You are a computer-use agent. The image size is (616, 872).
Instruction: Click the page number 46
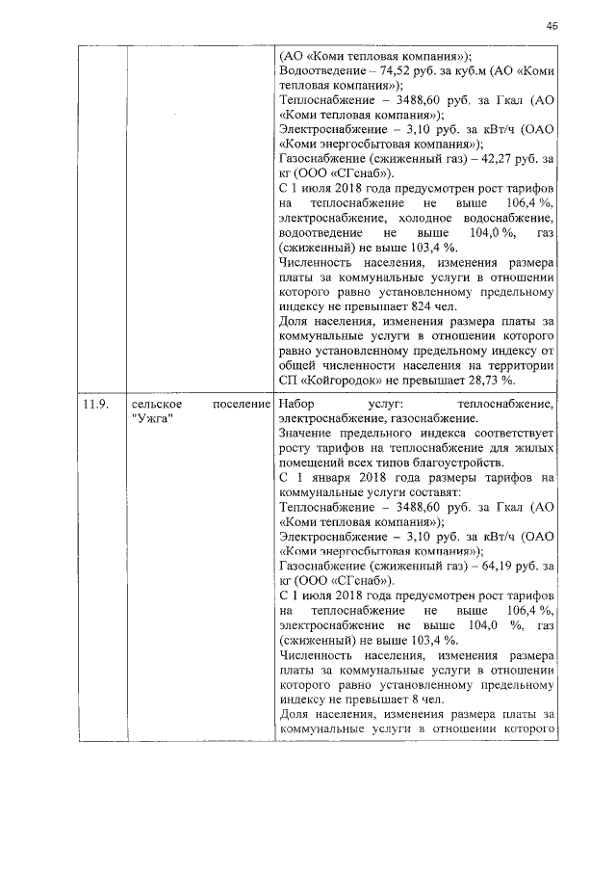pos(552,26)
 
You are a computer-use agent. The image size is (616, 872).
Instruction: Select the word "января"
pos(333,477)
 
